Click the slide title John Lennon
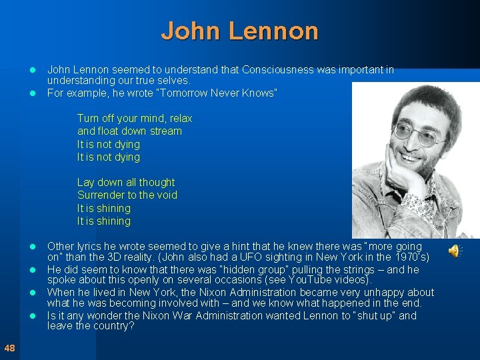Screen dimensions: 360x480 point(239,31)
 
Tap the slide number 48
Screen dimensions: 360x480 point(9,347)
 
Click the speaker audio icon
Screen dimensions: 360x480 point(454,251)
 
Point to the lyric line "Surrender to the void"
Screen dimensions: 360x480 point(127,195)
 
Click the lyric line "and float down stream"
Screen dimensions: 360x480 point(129,131)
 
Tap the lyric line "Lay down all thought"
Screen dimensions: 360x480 point(126,183)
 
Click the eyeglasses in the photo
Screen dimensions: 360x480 point(418,133)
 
